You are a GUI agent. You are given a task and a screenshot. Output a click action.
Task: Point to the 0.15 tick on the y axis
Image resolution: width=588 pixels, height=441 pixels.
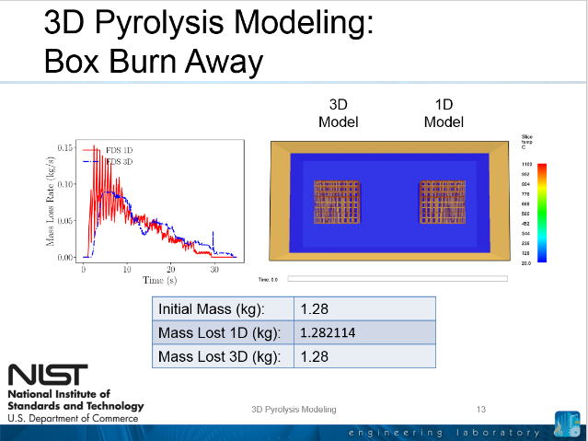tap(64, 147)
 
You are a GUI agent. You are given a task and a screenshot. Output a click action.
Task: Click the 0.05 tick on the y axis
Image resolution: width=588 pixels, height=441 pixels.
tap(64, 221)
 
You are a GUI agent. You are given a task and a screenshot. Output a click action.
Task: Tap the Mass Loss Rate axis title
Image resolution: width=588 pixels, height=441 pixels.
tap(52, 202)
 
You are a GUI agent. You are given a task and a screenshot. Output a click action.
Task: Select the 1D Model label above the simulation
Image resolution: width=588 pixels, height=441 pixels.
tap(444, 113)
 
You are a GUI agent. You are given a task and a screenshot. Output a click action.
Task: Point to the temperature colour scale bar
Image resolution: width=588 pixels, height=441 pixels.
tap(542, 213)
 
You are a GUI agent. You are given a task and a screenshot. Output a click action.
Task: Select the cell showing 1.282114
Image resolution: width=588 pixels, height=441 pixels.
tap(335, 332)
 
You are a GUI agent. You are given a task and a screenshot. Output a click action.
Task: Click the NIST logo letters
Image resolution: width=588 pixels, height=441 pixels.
tap(48, 376)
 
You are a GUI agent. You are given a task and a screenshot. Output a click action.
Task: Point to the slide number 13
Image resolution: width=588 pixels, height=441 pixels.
tap(480, 409)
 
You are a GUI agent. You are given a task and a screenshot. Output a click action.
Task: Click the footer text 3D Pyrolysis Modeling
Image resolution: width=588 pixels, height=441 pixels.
tap(294, 409)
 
